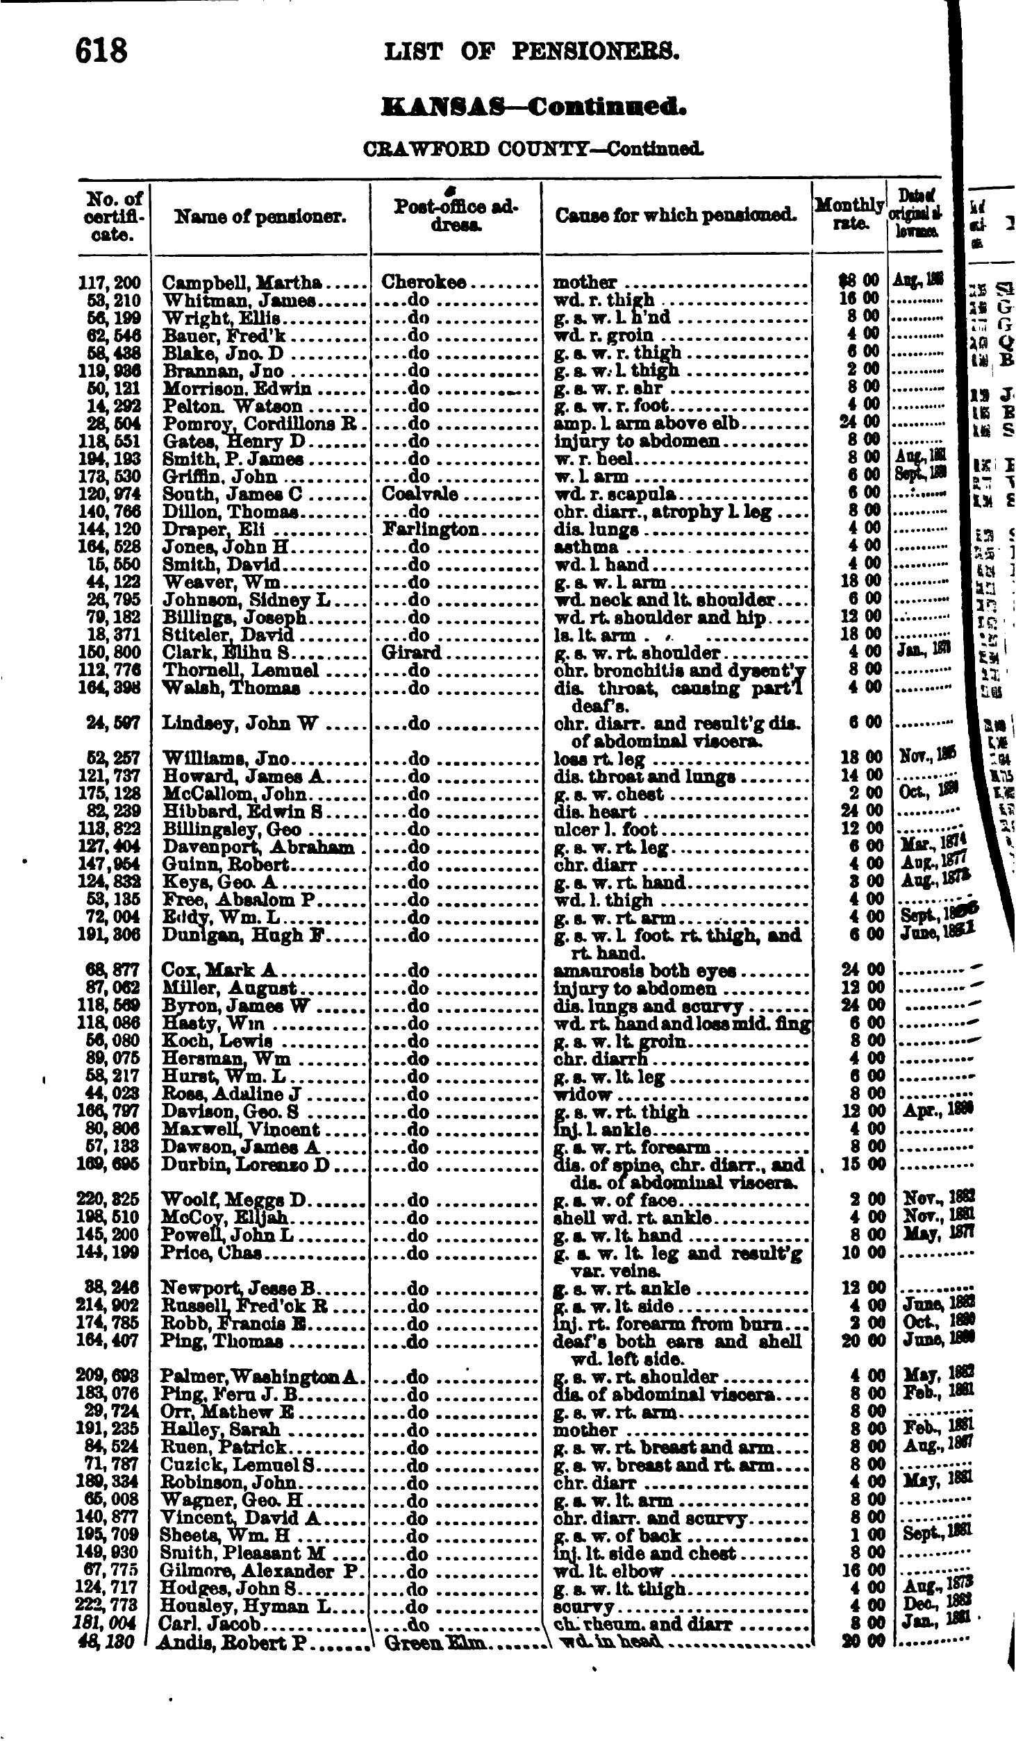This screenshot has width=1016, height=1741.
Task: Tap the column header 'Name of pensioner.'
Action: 260,217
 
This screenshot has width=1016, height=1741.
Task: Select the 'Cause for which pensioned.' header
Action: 676,216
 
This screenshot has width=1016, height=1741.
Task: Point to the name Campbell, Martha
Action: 241,283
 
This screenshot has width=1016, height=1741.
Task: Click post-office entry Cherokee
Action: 424,283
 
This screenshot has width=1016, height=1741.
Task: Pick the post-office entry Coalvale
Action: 419,494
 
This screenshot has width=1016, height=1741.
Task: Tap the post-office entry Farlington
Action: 431,529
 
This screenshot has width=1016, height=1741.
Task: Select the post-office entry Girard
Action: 411,653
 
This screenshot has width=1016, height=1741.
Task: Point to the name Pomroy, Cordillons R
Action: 259,423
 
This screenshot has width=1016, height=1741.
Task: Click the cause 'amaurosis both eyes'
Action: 644,970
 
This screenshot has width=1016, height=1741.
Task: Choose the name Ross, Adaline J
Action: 230,1094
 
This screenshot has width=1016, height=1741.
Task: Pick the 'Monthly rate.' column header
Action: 849,215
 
